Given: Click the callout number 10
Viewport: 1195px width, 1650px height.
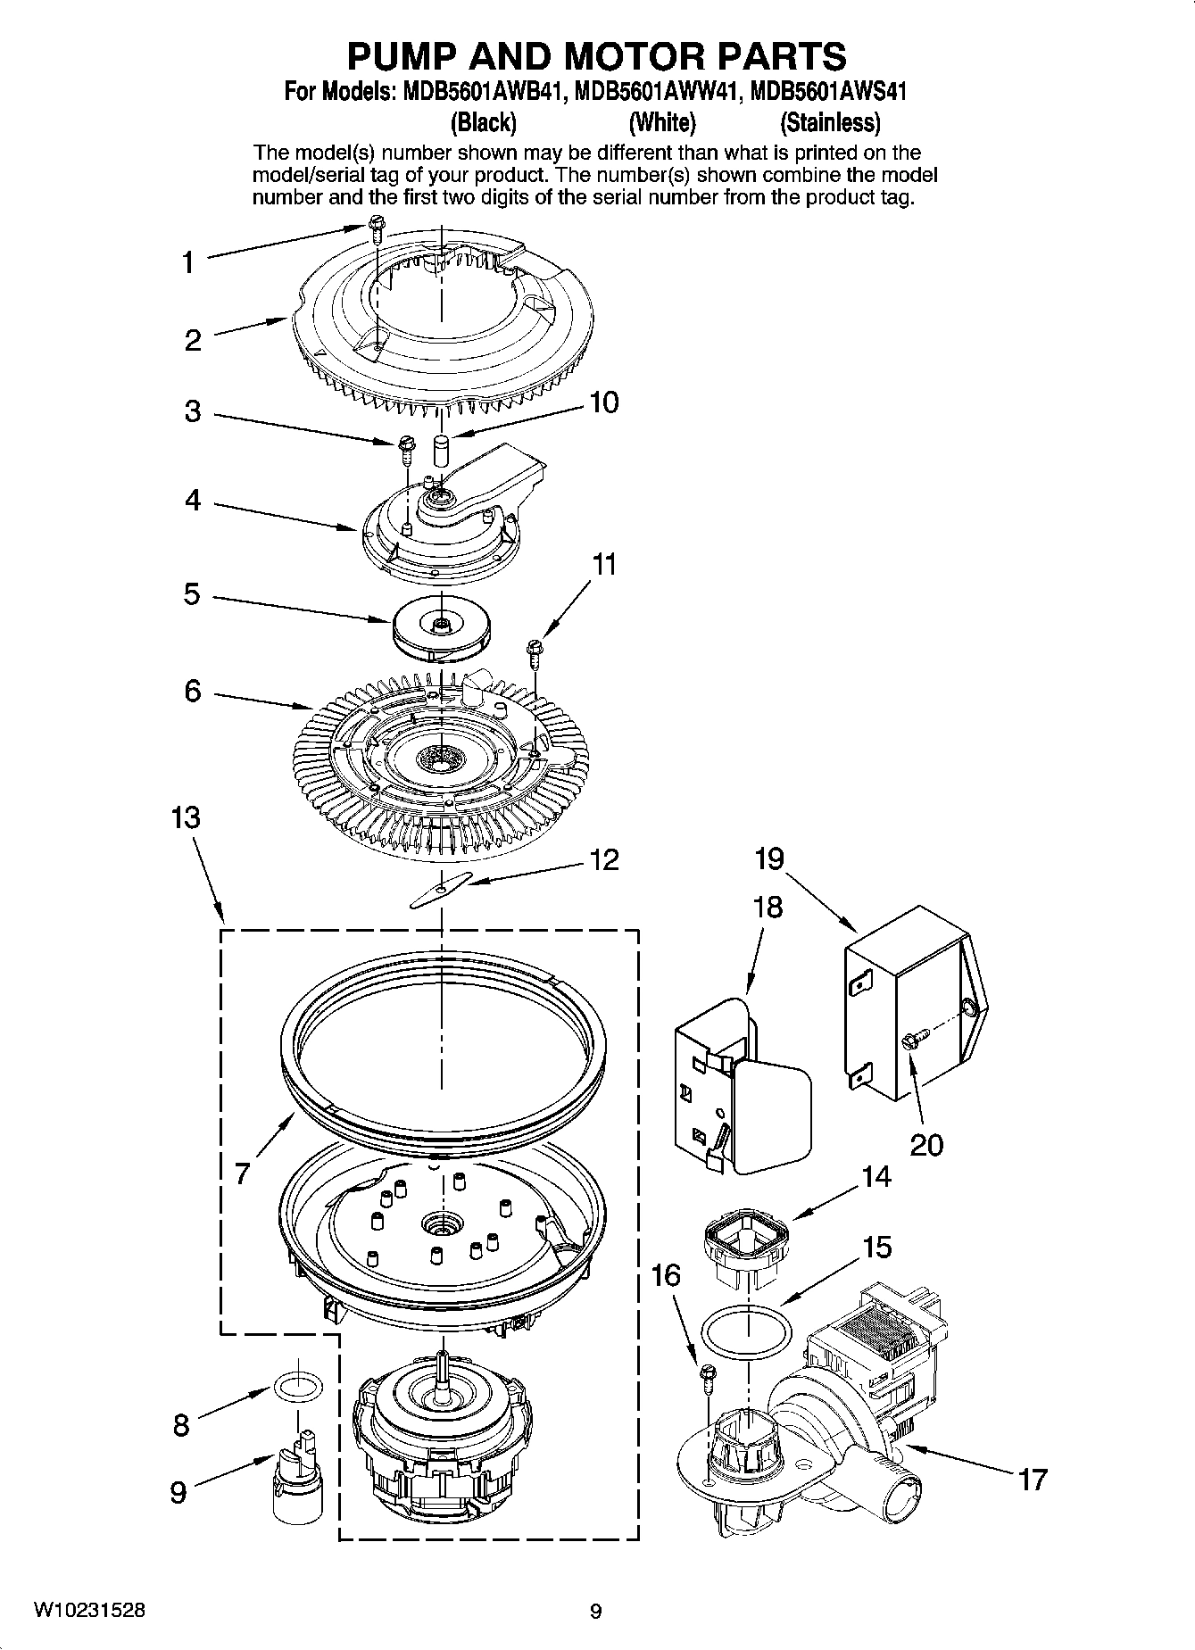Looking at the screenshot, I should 604,402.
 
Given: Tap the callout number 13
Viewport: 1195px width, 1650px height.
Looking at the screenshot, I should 186,817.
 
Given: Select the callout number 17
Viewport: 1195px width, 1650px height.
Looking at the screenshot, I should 1033,1480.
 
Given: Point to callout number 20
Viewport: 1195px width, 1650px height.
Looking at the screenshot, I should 926,1144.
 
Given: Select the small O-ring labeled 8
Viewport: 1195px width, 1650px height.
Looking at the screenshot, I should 296,1388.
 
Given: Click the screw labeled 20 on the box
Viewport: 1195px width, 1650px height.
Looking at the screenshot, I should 914,1037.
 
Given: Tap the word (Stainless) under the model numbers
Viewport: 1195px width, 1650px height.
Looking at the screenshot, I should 829,121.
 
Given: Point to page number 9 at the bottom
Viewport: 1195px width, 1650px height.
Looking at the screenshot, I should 596,1611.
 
